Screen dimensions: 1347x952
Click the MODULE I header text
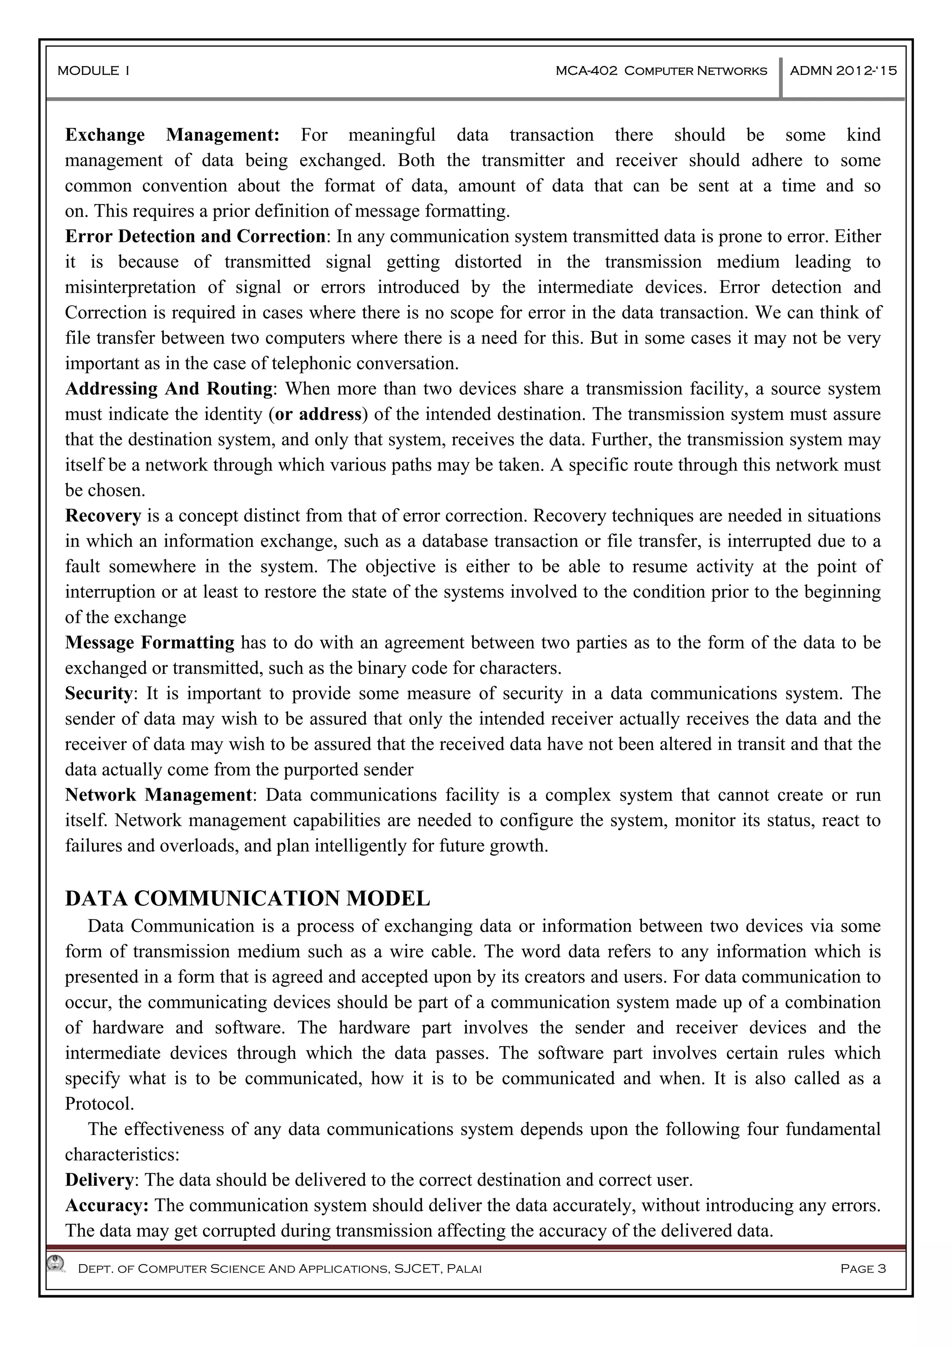93,71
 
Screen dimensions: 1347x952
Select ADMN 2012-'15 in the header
843,71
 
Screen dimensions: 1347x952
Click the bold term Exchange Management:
172,135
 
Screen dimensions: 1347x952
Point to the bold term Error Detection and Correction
195,236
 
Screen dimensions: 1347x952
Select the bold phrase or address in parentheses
318,414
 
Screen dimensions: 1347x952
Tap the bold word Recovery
103,516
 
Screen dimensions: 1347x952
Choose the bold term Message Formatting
150,643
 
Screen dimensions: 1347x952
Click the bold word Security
99,693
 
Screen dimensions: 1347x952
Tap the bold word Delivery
99,1180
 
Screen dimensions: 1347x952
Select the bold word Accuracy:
107,1206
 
